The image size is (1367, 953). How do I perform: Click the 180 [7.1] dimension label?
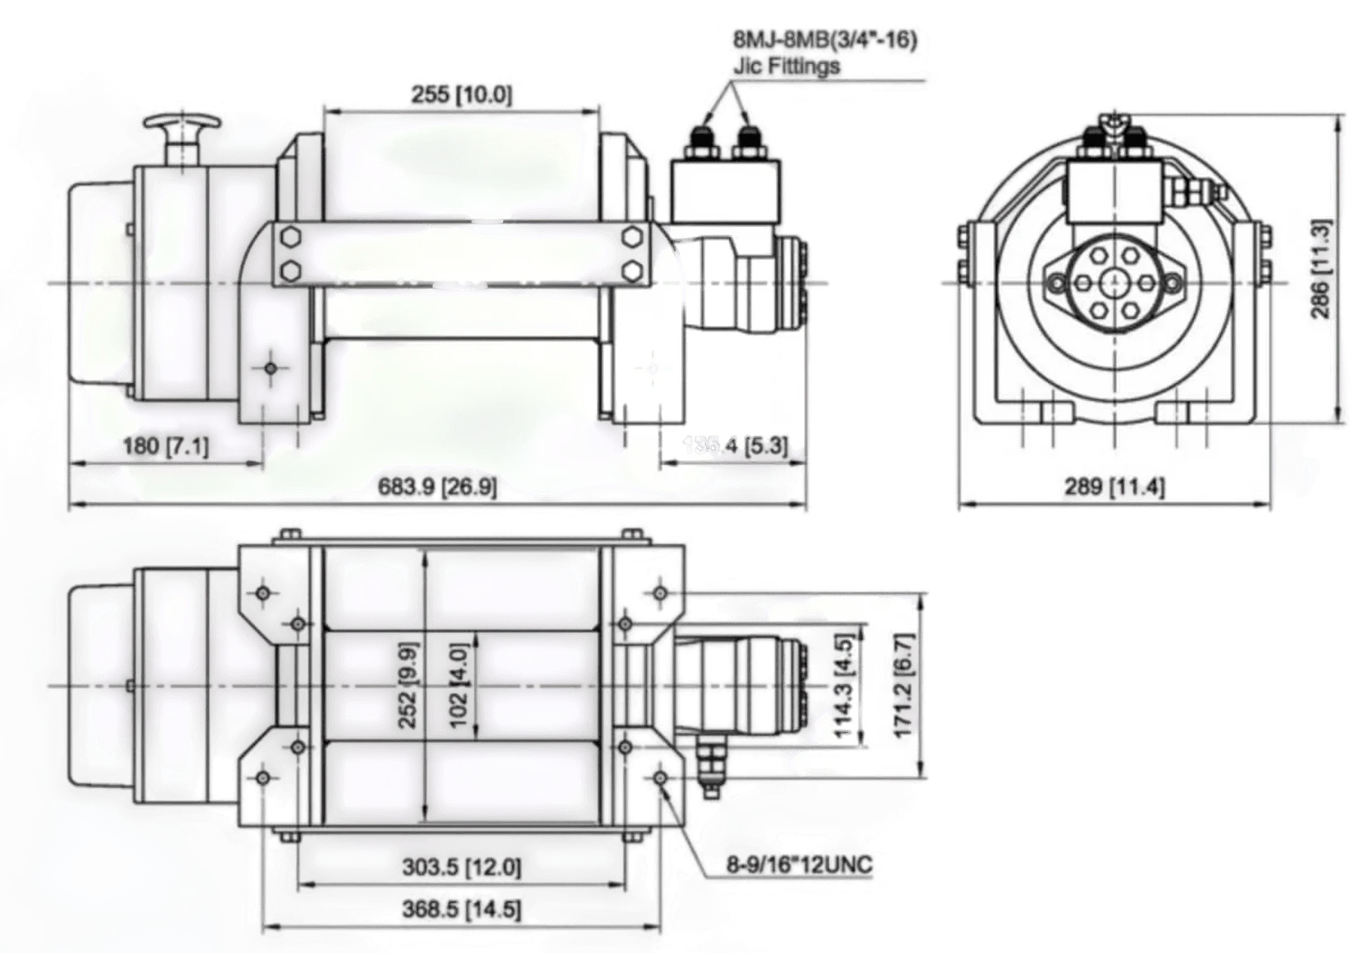click(x=166, y=447)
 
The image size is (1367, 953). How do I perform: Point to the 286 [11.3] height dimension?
click(x=1322, y=268)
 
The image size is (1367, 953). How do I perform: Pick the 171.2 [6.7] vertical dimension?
click(x=905, y=684)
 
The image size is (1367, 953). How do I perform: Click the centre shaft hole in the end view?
click(x=1113, y=284)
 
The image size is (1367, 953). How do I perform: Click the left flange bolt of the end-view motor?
click(x=1057, y=285)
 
